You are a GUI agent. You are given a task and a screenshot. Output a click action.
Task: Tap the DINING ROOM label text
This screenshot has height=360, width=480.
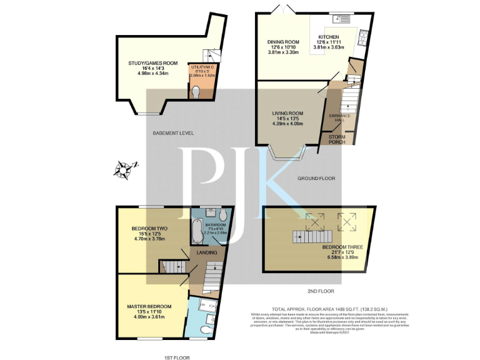click(280, 42)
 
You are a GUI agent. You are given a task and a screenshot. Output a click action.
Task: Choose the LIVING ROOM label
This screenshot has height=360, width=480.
click(287, 113)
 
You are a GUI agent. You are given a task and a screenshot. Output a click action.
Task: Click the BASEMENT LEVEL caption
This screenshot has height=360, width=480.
click(173, 133)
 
